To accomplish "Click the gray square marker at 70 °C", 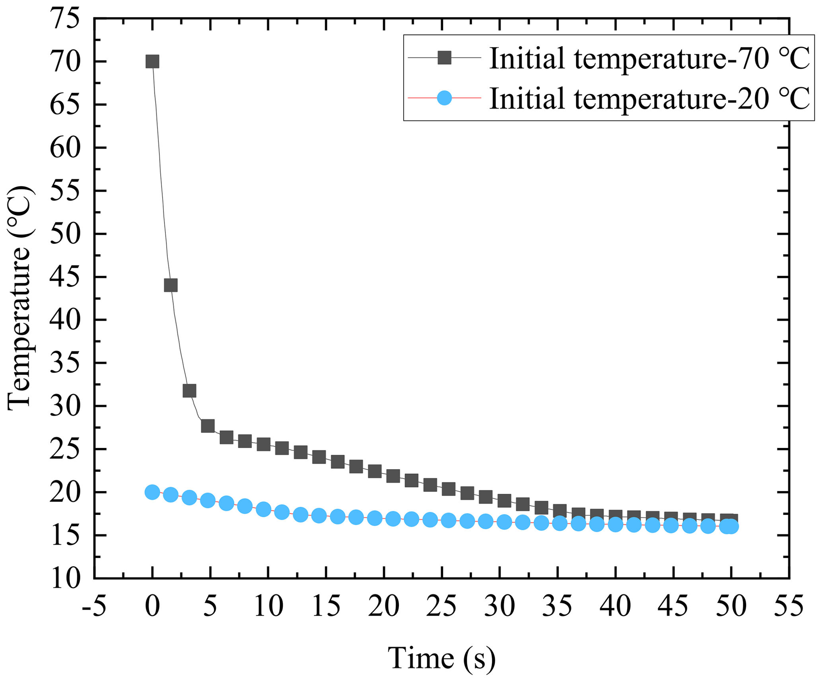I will [152, 62].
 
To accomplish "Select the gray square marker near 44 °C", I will [171, 285].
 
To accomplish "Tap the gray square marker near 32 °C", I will [189, 391].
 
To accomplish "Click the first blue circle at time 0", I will [152, 492].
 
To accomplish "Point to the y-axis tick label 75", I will [65, 19].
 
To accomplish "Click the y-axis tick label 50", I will [65, 234].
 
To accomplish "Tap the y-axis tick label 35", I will [65, 363].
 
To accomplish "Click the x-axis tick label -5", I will [94, 607].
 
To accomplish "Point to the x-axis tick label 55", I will [789, 607].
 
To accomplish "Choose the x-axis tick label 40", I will [615, 607].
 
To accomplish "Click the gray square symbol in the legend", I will [444, 58].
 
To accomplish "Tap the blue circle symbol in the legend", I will [444, 97].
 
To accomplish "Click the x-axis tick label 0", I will [152, 607].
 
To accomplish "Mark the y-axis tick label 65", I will [65, 105].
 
